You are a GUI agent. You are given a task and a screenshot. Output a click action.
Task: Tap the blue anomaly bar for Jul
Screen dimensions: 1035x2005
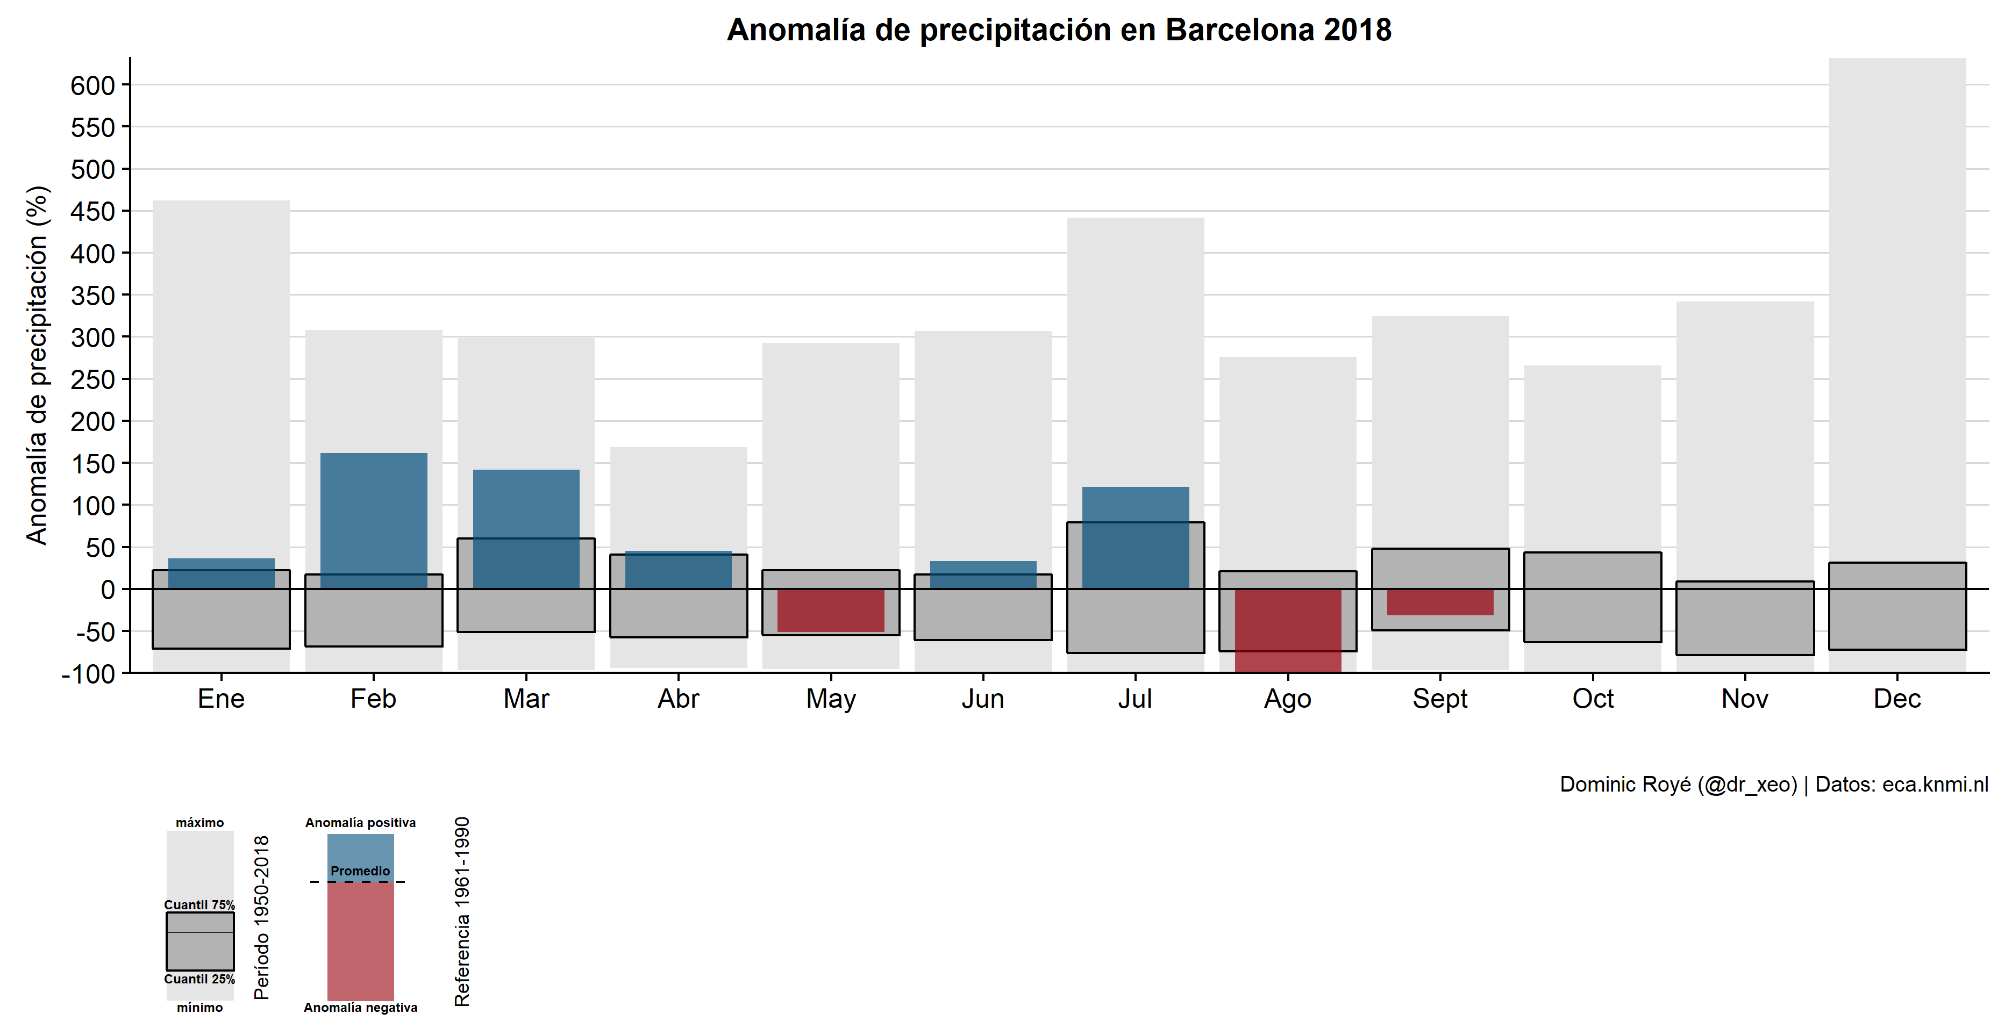click(1136, 537)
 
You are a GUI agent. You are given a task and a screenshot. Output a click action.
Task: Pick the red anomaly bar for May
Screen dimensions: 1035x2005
click(831, 610)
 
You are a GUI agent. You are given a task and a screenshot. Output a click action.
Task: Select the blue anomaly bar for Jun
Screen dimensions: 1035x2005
click(983, 574)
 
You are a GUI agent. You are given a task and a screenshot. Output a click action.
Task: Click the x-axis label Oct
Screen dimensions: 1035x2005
click(1593, 699)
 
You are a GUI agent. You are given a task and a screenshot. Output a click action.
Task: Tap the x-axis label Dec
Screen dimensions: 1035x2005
click(1897, 699)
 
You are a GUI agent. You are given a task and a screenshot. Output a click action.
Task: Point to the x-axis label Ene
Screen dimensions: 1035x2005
click(221, 699)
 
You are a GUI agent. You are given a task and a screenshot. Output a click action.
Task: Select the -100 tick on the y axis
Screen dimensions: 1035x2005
click(89, 674)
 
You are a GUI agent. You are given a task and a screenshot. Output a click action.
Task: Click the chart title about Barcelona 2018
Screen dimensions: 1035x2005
click(1059, 30)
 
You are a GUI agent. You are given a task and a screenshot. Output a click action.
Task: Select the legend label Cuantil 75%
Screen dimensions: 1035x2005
click(199, 905)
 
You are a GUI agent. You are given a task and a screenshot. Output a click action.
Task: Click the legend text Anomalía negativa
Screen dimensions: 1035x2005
click(360, 1008)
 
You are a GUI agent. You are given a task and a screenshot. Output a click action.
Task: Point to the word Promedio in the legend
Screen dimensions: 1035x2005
click(360, 871)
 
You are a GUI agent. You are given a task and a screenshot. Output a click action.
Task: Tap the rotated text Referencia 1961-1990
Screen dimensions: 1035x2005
click(462, 911)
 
